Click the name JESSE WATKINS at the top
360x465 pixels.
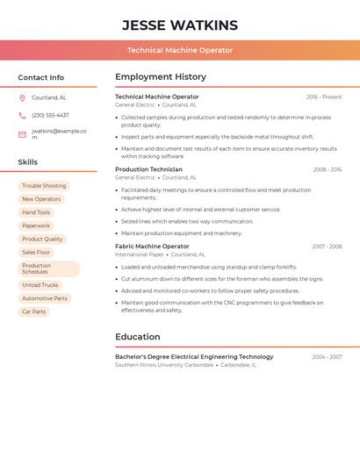click(180, 25)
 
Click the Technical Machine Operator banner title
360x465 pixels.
click(180, 50)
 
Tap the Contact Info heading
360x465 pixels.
click(41, 77)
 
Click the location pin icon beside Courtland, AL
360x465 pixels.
click(22, 97)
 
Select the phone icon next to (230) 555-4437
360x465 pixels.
click(22, 115)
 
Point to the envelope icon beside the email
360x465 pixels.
click(22, 134)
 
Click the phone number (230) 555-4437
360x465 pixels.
click(50, 115)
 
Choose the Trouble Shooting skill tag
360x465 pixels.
click(44, 186)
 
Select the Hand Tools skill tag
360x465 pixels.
click(36, 212)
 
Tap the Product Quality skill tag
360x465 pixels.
click(42, 239)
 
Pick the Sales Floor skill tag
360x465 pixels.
click(36, 252)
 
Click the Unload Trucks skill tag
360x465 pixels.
click(40, 285)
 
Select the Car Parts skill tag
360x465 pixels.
click(33, 311)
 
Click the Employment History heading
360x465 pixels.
click(161, 76)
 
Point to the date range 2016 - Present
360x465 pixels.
click(324, 97)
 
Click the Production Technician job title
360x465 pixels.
click(148, 169)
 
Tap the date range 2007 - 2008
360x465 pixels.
click(327, 247)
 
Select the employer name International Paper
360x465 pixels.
click(140, 254)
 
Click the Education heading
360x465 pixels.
click(138, 337)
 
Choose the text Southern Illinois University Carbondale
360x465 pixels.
click(164, 365)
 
